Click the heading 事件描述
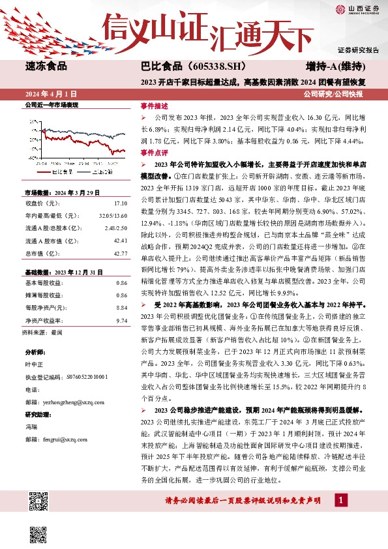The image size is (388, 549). coord(154,106)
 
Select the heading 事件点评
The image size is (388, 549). coord(154,151)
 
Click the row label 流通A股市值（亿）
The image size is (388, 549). coord(52,240)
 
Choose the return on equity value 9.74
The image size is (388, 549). coord(121,320)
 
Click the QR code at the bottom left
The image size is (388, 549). coord(40,503)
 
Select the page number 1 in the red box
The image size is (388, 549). coord(340,499)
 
